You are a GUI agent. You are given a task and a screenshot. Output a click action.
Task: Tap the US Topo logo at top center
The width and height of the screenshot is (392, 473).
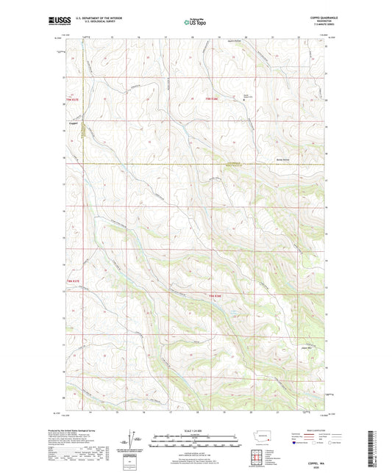point(195,23)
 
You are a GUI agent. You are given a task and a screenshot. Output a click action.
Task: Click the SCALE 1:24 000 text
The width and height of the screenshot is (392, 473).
point(195,430)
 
